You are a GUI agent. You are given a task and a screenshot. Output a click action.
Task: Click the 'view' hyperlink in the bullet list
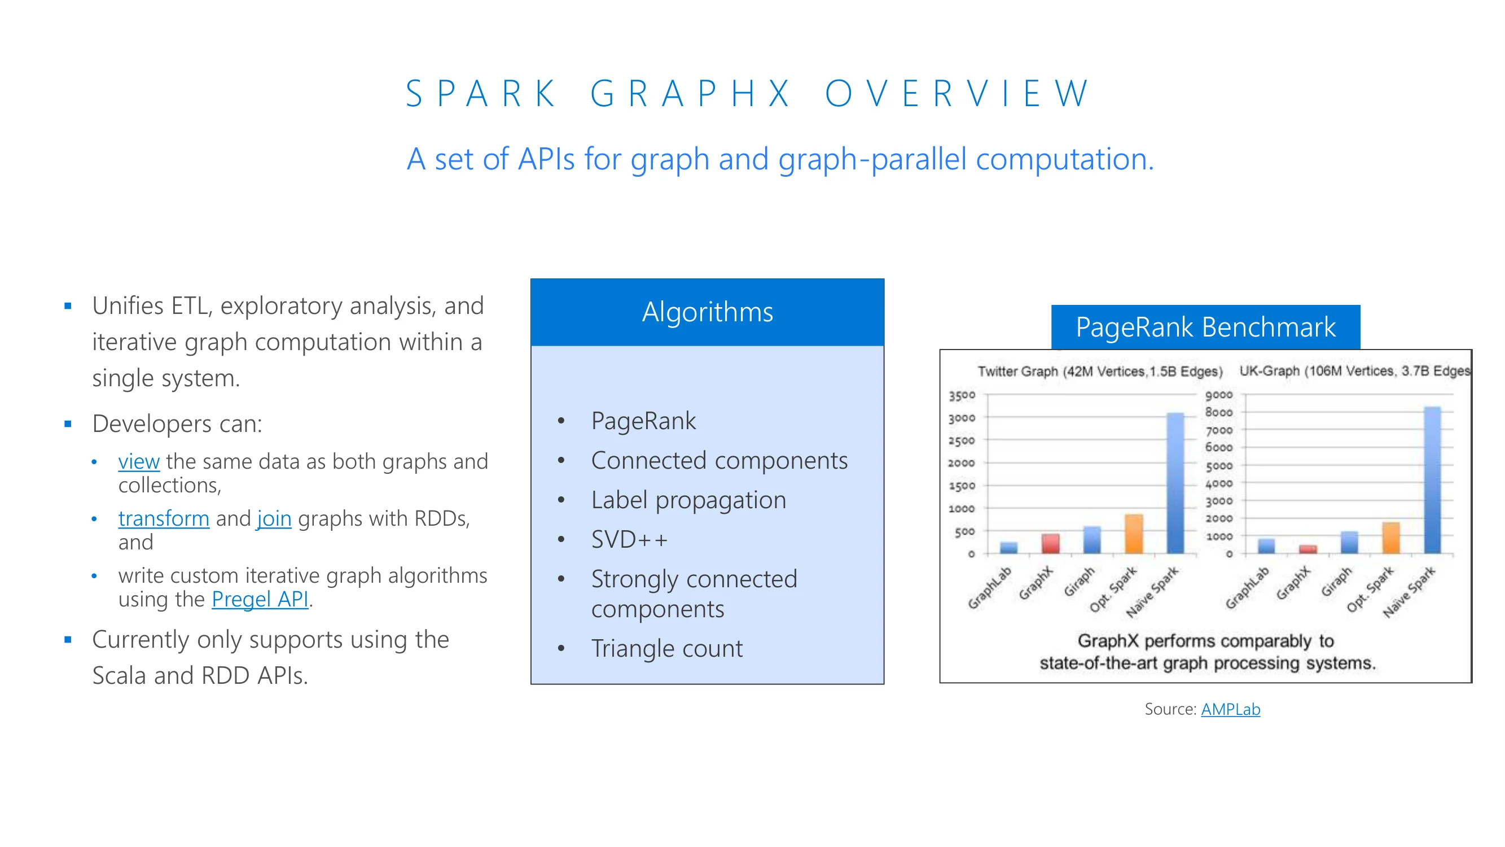pyautogui.click(x=138, y=461)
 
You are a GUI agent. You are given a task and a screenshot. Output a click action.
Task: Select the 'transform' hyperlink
pyautogui.click(x=164, y=518)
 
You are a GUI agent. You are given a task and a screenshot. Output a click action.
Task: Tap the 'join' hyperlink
pyautogui.click(x=274, y=518)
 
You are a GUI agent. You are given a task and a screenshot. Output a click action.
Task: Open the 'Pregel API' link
pyautogui.click(x=260, y=599)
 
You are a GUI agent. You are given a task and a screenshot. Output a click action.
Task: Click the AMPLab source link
pyautogui.click(x=1230, y=709)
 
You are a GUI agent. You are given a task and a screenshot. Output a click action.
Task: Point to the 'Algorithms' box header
pyautogui.click(x=708, y=312)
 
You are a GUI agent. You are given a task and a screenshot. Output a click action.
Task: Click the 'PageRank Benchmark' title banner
pyautogui.click(x=1205, y=327)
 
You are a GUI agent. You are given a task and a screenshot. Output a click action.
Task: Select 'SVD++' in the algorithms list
pyautogui.click(x=629, y=539)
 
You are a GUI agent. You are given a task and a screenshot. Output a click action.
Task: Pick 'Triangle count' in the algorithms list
pyautogui.click(x=666, y=648)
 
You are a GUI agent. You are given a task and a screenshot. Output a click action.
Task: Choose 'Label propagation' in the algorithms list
pyautogui.click(x=688, y=500)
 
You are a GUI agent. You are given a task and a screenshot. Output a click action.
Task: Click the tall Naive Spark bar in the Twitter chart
pyautogui.click(x=1175, y=483)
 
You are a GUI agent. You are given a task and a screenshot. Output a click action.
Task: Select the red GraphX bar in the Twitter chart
pyautogui.click(x=1050, y=544)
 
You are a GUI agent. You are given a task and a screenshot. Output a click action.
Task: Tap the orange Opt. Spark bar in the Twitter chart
pyautogui.click(x=1134, y=534)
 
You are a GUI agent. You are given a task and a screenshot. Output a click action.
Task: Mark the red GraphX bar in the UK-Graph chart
pyautogui.click(x=1307, y=549)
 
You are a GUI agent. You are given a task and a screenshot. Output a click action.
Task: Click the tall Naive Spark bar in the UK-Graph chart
pyautogui.click(x=1433, y=480)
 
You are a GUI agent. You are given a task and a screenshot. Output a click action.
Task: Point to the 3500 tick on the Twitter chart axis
pyautogui.click(x=962, y=395)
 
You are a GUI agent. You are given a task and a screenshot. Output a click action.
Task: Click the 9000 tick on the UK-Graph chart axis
pyautogui.click(x=1219, y=395)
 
